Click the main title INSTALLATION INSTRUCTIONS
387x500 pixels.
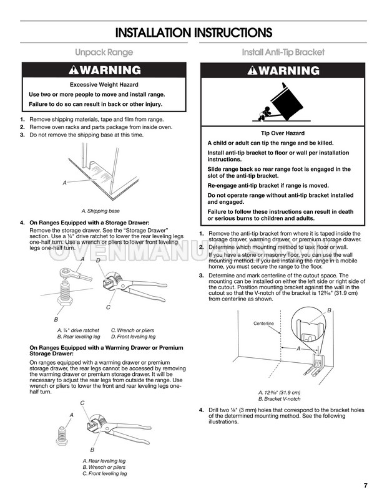pyautogui.click(x=193, y=32)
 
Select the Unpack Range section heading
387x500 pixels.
pyautogui.click(x=103, y=53)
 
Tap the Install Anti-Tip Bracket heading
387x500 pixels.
pyautogui.click(x=283, y=53)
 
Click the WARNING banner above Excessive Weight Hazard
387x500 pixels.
pyautogui.click(x=103, y=70)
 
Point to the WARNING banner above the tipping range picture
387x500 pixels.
pyautogui.click(x=283, y=70)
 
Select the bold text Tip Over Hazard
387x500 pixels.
pyautogui.click(x=282, y=133)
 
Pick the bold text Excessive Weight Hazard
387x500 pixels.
pyautogui.click(x=104, y=84)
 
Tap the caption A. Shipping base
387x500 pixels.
pyautogui.click(x=100, y=211)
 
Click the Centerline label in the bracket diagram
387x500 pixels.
pyautogui.click(x=264, y=324)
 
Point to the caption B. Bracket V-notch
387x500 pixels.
pyautogui.click(x=279, y=398)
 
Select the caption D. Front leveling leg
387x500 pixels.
pyautogui.click(x=132, y=336)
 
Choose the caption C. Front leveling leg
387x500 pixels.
pyautogui.click(x=105, y=473)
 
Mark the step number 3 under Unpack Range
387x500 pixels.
pyautogui.click(x=22, y=134)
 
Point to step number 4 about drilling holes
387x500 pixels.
pyautogui.click(x=201, y=410)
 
